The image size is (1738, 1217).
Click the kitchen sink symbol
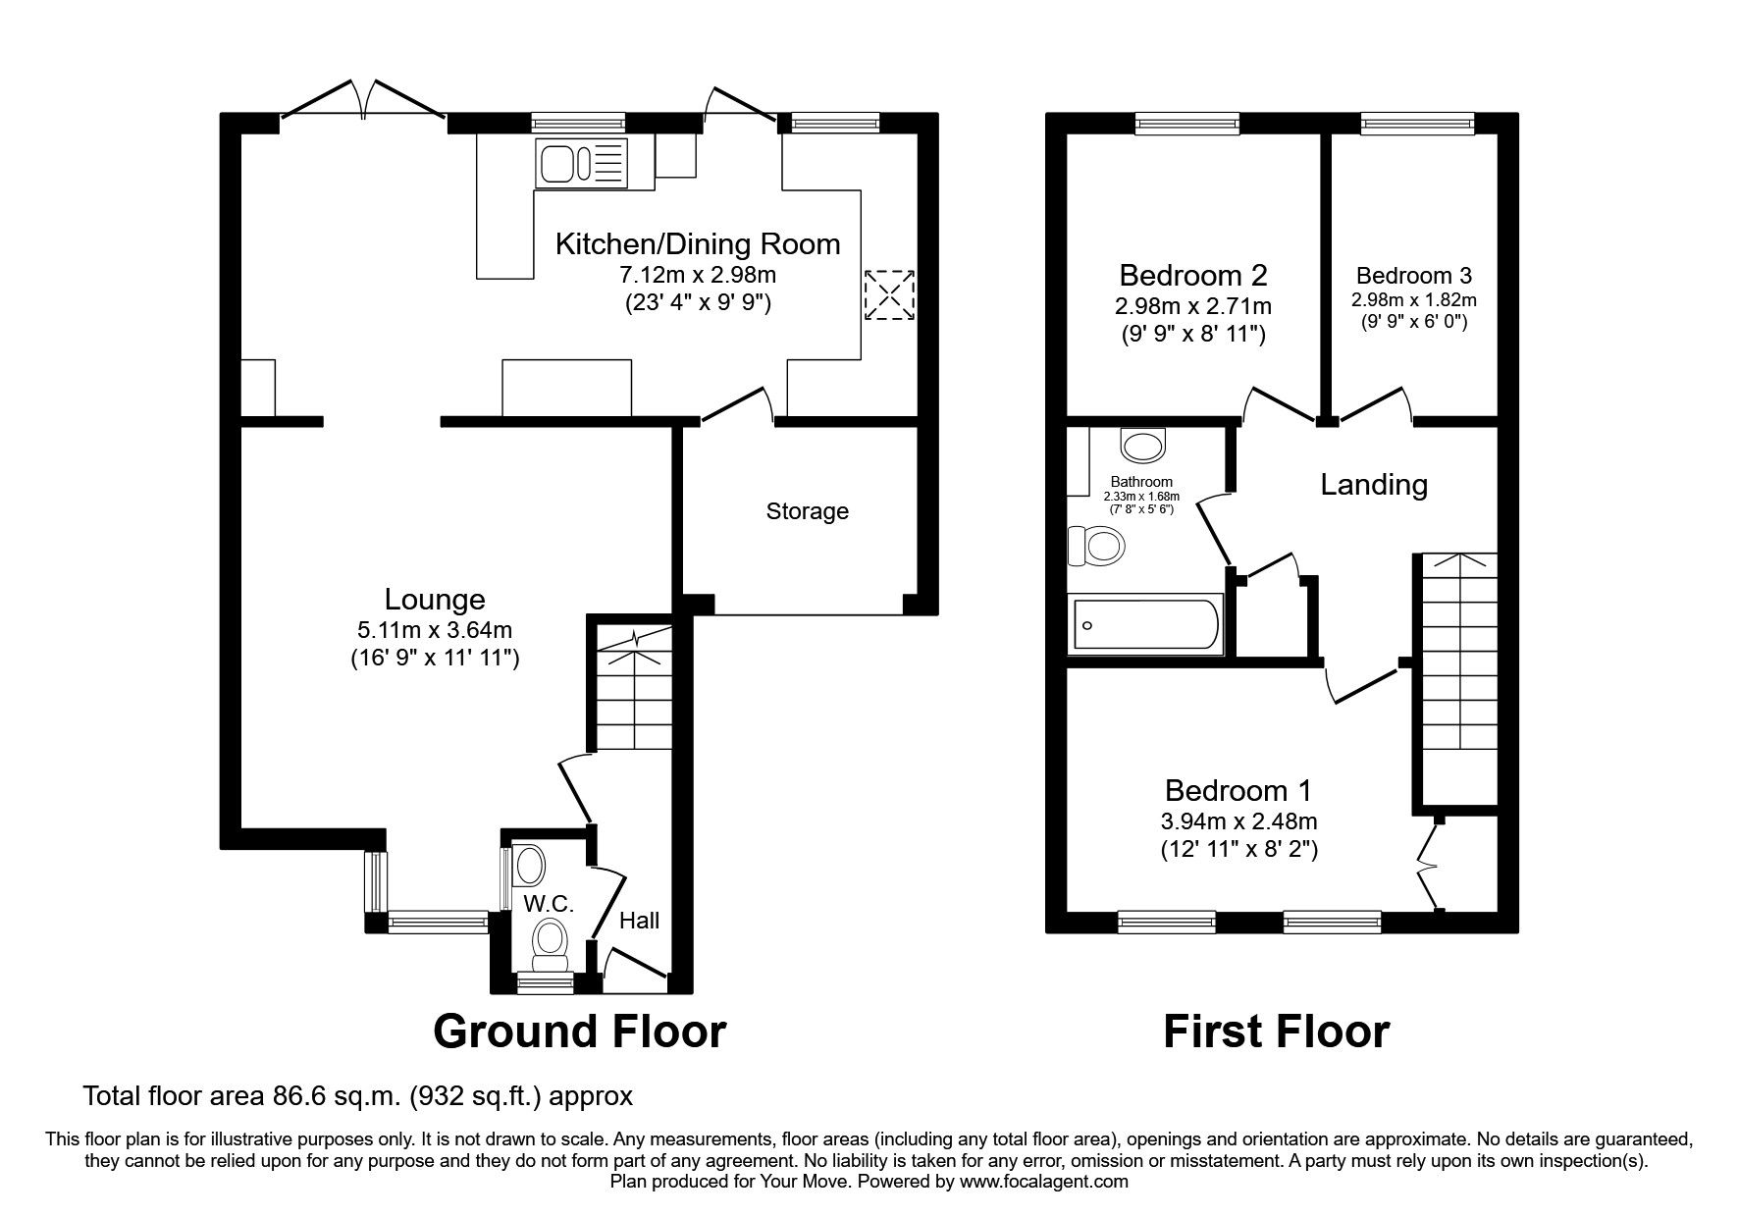pyautogui.click(x=580, y=163)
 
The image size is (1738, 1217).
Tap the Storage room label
pyautogui.click(x=807, y=511)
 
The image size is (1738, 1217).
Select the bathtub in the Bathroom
pyautogui.click(x=1145, y=624)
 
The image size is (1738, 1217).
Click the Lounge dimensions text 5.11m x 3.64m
pyautogui.click(x=435, y=630)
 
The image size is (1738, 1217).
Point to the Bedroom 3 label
pyautogui.click(x=1413, y=276)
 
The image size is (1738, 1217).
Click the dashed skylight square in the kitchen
pyautogui.click(x=890, y=293)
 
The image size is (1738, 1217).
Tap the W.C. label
pyautogui.click(x=548, y=903)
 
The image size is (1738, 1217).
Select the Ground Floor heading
pyautogui.click(x=579, y=1032)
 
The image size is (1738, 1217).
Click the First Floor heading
pyautogui.click(x=1276, y=1032)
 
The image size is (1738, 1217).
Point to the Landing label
pyautogui.click(x=1373, y=485)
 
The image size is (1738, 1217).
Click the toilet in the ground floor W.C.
pyautogui.click(x=551, y=940)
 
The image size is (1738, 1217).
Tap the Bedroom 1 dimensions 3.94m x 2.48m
pyautogui.click(x=1237, y=821)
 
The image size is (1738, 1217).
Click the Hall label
pyautogui.click(x=639, y=920)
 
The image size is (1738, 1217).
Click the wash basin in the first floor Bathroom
pyautogui.click(x=1142, y=447)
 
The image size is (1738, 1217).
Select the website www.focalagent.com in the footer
pyautogui.click(x=1043, y=1182)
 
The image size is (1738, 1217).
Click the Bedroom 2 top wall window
pyautogui.click(x=1187, y=124)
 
